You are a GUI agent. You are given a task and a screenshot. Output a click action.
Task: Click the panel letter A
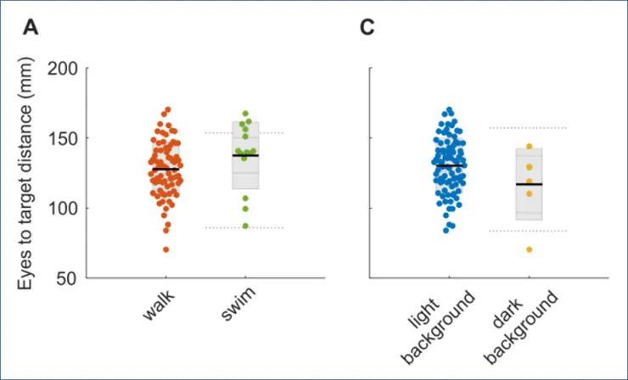pos(31,28)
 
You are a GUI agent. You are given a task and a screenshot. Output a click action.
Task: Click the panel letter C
pos(367,28)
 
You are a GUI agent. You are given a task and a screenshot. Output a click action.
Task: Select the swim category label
pos(240,306)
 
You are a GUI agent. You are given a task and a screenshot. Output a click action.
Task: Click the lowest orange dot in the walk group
pos(165,249)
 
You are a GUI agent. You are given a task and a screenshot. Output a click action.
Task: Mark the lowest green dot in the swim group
pos(246,226)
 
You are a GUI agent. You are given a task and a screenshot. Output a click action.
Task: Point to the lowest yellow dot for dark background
pos(529,249)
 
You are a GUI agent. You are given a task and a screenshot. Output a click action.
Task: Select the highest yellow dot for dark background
pos(529,147)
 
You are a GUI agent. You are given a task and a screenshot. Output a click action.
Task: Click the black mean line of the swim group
pos(245,156)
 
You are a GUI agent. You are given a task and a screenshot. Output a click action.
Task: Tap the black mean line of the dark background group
pos(529,184)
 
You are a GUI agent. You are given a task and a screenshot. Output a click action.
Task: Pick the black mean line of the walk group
pos(165,170)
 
